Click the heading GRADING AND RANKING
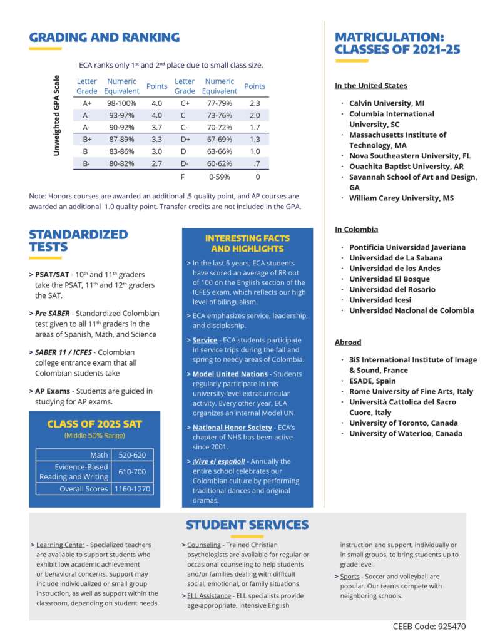tap(105, 38)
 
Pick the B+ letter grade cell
tap(87, 140)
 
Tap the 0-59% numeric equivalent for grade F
tap(219, 177)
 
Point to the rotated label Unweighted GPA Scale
tap(56, 116)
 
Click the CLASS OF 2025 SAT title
tap(94, 424)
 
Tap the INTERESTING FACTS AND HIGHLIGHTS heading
tap(247, 244)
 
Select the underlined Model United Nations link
tap(230, 374)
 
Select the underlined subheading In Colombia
tap(357, 230)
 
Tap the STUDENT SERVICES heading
tap(247, 525)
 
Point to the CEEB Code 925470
tap(429, 626)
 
